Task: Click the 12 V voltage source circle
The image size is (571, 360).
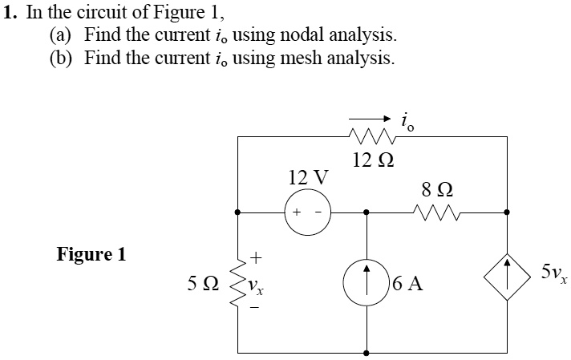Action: (307, 213)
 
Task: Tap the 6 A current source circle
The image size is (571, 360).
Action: (366, 285)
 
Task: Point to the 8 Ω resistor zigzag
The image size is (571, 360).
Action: (435, 212)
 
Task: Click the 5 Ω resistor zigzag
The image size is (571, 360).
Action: (237, 283)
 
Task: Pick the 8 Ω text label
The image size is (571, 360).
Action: (436, 191)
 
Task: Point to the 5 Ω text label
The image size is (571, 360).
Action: (201, 283)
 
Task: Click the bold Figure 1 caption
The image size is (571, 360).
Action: (91, 255)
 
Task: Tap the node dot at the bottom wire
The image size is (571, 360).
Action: (367, 351)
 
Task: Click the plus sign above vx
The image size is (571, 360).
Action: (257, 258)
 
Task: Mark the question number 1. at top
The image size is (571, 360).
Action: (10, 12)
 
